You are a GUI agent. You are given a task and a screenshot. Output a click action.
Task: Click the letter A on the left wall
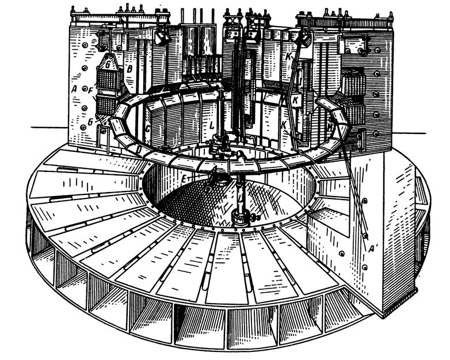(74, 89)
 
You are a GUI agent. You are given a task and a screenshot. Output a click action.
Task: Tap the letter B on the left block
(130, 69)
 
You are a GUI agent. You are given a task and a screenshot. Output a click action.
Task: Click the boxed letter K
(296, 100)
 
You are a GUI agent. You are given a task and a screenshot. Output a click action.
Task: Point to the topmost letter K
(287, 57)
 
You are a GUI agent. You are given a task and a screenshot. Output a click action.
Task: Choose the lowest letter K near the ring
(283, 124)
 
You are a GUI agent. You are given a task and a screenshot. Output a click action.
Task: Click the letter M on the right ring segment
(330, 124)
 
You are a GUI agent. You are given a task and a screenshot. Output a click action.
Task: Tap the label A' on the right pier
(373, 248)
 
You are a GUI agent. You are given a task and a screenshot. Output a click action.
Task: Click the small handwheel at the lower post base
(253, 217)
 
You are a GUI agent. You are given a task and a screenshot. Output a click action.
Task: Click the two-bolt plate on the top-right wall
(354, 44)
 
